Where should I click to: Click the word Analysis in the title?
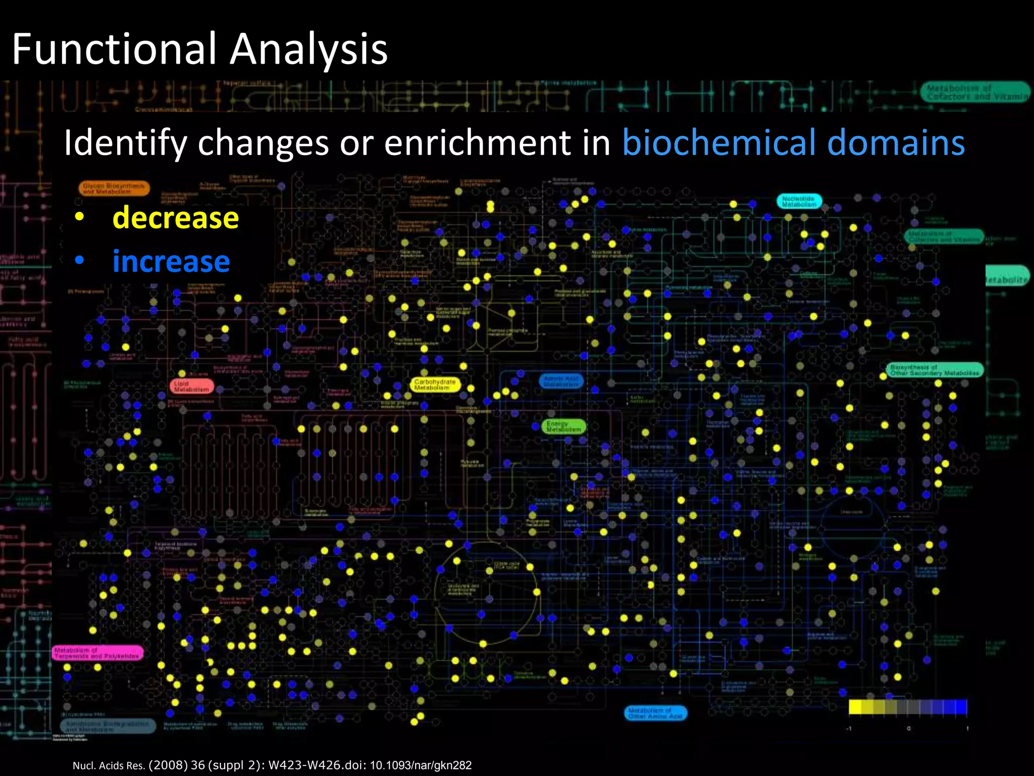[309, 49]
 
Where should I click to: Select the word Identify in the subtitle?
[125, 143]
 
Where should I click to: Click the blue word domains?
[896, 142]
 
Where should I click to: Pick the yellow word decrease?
[175, 218]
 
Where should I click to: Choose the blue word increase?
[171, 262]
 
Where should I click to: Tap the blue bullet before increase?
[79, 261]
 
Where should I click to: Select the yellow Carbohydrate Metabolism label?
[435, 385]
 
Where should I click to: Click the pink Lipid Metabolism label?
[191, 386]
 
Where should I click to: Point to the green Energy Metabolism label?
[563, 427]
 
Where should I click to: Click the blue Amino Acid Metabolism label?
[561, 381]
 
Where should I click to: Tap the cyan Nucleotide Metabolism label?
[799, 201]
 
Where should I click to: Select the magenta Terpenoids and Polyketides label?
[97, 653]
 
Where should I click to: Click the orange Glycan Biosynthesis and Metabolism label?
[114, 188]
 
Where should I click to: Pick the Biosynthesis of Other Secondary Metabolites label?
[934, 370]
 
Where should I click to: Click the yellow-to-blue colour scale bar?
[907, 707]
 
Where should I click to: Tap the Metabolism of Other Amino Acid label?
[655, 713]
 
